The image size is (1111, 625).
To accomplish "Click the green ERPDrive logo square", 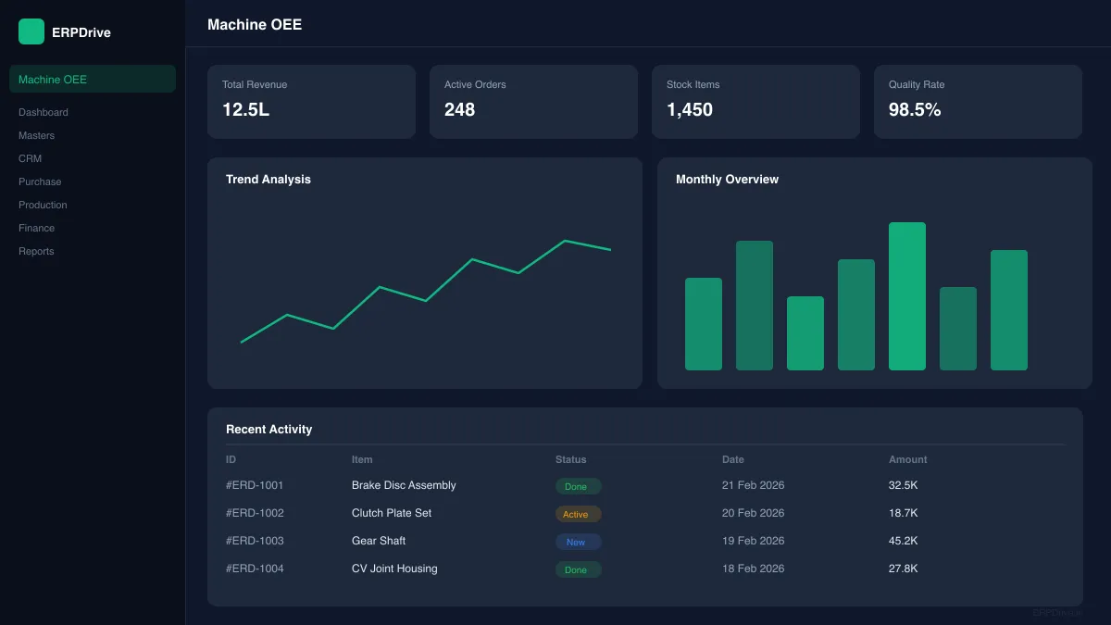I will point(31,31).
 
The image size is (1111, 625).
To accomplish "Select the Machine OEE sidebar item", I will point(53,80).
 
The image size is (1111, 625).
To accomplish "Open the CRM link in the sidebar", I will point(30,158).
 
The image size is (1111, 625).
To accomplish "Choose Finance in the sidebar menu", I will point(36,228).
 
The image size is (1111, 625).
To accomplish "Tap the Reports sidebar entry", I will point(36,251).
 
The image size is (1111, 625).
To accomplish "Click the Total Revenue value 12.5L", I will point(245,109).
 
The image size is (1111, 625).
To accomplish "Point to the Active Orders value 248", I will point(459,109).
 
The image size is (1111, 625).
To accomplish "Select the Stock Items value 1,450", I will point(690,109).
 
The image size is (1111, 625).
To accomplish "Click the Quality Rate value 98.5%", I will point(915,109).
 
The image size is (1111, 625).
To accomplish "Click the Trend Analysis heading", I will point(268,180).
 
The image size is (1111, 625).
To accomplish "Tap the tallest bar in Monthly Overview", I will point(906,296).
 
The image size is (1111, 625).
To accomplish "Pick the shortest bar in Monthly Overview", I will point(805,333).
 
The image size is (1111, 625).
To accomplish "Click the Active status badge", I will point(578,514).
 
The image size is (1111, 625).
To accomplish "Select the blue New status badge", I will point(578,542).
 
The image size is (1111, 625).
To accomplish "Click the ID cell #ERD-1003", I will point(255,541).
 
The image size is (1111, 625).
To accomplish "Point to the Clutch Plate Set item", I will point(392,513).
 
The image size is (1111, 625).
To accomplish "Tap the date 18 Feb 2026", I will point(753,569).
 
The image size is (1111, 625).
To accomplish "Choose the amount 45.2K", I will point(903,541).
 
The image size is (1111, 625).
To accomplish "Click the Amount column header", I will point(907,459).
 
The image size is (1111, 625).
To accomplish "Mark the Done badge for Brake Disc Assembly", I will point(578,486).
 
